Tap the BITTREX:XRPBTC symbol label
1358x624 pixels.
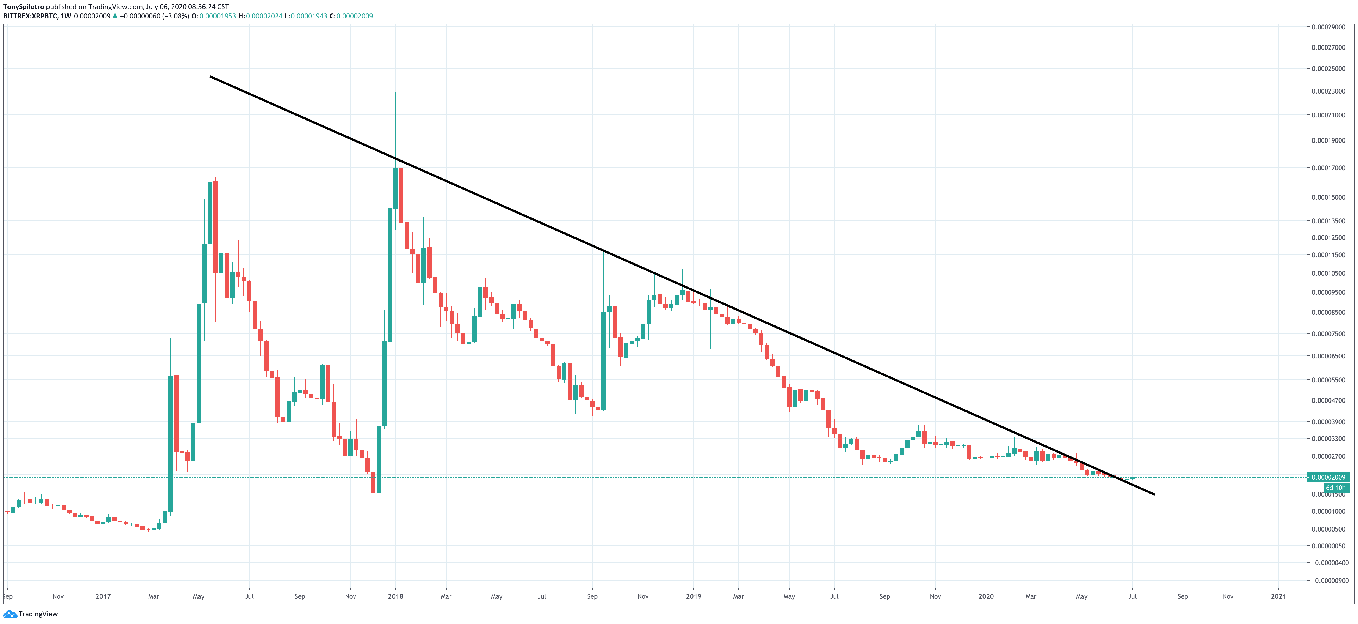(x=30, y=16)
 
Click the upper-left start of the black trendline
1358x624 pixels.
(x=210, y=77)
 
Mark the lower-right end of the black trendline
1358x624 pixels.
(x=1154, y=494)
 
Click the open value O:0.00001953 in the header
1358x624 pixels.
(x=213, y=16)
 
